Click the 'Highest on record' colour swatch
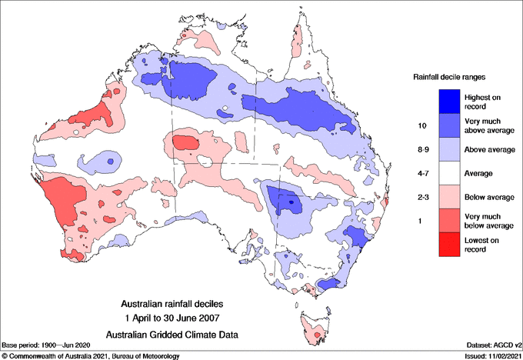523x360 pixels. (451, 99)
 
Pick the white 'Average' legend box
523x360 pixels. (451, 174)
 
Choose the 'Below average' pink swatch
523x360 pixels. (451, 198)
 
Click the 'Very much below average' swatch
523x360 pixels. (451, 222)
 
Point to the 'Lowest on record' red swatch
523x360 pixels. (451, 246)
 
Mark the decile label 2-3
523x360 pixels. (421, 198)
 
